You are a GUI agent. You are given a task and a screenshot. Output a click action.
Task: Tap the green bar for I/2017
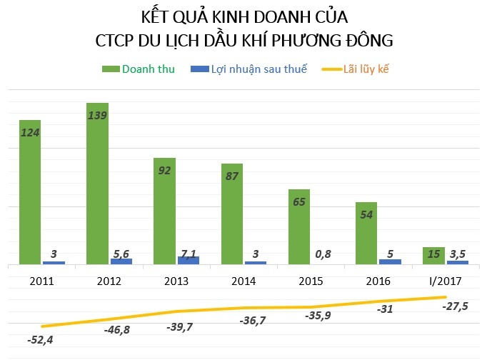click(434, 256)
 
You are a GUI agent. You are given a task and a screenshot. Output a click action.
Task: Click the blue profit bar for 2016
click(390, 261)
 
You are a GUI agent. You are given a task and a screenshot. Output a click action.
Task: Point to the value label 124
click(29, 133)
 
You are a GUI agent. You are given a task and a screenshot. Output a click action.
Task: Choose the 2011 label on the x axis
click(41, 279)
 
